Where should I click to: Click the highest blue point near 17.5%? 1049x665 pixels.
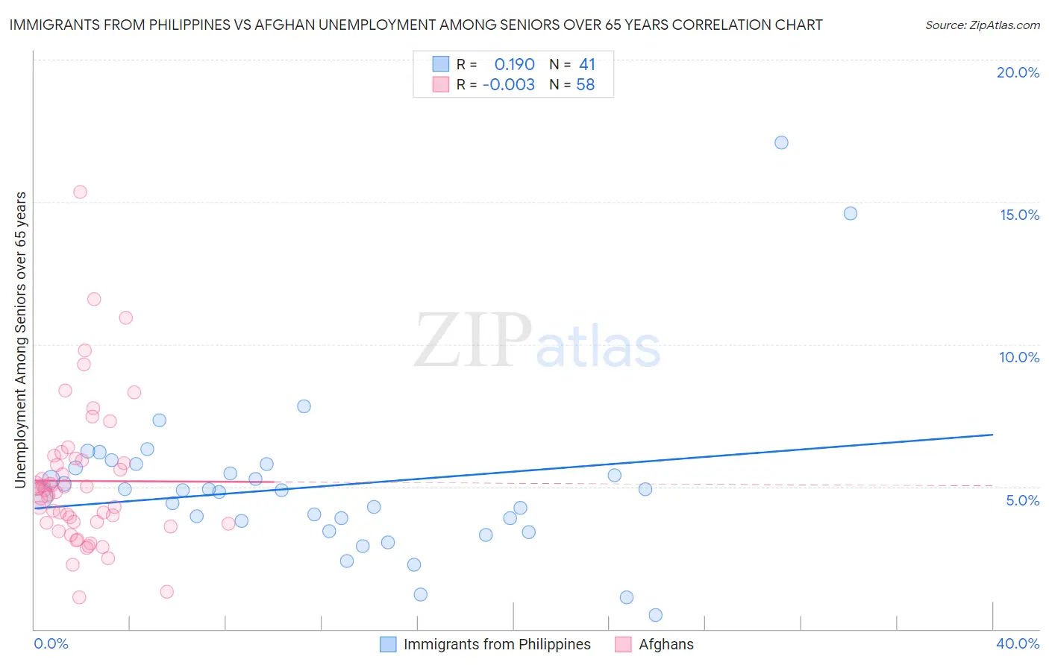(x=781, y=142)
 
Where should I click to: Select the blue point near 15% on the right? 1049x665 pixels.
(x=850, y=213)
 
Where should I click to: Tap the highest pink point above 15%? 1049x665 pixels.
(x=80, y=192)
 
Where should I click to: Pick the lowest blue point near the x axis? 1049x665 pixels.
(x=655, y=615)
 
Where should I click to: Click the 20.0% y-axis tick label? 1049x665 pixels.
(x=1018, y=72)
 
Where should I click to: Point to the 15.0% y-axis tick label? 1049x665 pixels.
(x=1019, y=215)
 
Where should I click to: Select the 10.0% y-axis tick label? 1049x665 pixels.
(x=1019, y=357)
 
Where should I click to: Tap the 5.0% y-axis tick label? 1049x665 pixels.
(x=1022, y=500)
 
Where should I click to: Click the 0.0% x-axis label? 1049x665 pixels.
(x=51, y=643)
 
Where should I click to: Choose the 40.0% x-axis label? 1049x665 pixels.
(x=1017, y=643)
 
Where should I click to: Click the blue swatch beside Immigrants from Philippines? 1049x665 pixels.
(x=388, y=644)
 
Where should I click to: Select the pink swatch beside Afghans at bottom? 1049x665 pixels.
(x=623, y=644)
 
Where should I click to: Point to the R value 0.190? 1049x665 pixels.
(x=514, y=64)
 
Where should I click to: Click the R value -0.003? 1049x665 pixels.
(x=508, y=85)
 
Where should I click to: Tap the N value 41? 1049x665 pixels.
(x=587, y=64)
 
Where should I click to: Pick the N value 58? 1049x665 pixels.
(x=586, y=85)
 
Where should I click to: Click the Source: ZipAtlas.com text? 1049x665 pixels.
(x=982, y=25)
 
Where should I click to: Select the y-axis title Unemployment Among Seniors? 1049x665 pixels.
(x=20, y=340)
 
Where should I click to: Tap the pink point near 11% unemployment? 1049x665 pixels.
(x=125, y=318)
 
